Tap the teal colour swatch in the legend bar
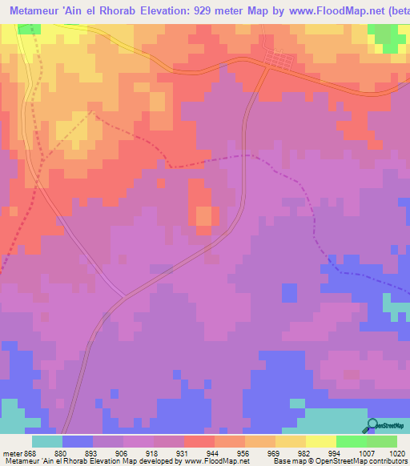pos(47,441)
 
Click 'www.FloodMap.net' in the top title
pos(328,10)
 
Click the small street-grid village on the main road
pos(282,62)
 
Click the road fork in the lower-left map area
pos(124,295)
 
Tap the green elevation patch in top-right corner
pos(388,37)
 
